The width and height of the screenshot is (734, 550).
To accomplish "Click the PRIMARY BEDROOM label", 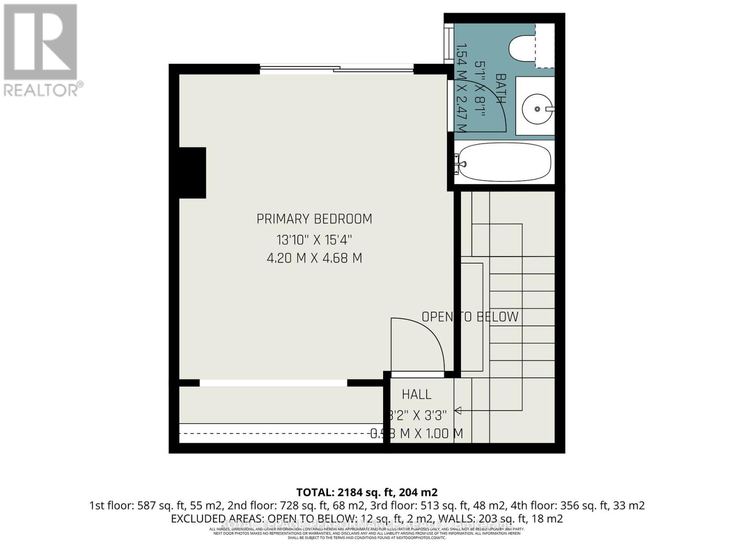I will pyautogui.click(x=314, y=219).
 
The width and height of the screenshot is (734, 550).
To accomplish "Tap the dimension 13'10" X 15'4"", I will pyautogui.click(x=314, y=239).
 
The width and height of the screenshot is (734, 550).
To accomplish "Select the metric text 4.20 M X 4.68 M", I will pyautogui.click(x=314, y=258).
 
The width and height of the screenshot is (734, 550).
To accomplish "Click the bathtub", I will pyautogui.click(x=505, y=163).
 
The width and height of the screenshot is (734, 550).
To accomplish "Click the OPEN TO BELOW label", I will pyautogui.click(x=470, y=317).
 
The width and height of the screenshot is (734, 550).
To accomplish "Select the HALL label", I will pyautogui.click(x=417, y=394).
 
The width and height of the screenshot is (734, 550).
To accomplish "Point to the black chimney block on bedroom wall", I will pyautogui.click(x=192, y=173).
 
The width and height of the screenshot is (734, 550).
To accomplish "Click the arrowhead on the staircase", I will pyautogui.click(x=458, y=411).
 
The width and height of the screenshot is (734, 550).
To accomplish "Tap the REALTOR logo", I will pyautogui.click(x=41, y=50).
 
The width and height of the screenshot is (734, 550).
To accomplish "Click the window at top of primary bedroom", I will pyautogui.click(x=337, y=69).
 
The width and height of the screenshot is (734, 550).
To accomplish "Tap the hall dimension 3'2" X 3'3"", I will pyautogui.click(x=417, y=415).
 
